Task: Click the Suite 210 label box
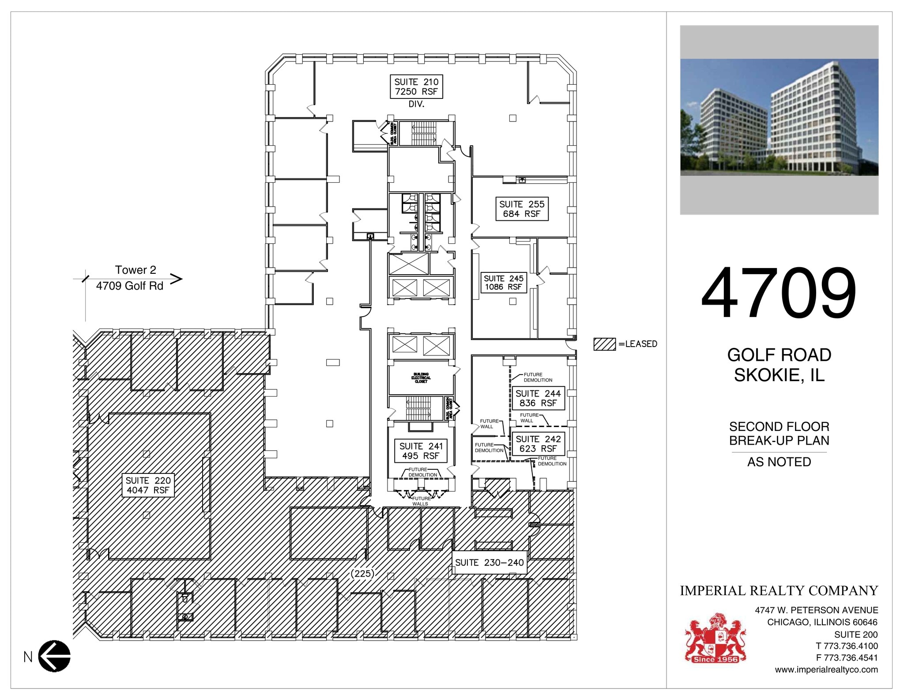point(416,87)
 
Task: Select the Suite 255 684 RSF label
point(522,209)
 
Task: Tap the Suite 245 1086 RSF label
point(503,283)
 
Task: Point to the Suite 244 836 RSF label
point(538,398)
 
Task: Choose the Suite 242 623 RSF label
point(538,444)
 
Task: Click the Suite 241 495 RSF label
point(421,451)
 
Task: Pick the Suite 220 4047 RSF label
point(148,485)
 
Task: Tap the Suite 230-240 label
point(489,563)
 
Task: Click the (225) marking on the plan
point(362,574)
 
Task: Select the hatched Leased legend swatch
point(604,344)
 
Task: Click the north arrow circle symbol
point(54,656)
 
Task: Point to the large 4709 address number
point(779,293)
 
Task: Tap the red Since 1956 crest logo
point(715,638)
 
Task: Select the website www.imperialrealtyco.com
point(826,669)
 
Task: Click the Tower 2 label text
point(136,270)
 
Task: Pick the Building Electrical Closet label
point(421,378)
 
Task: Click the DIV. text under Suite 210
point(416,104)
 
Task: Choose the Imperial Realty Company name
point(779,590)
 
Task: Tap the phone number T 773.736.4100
point(847,646)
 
